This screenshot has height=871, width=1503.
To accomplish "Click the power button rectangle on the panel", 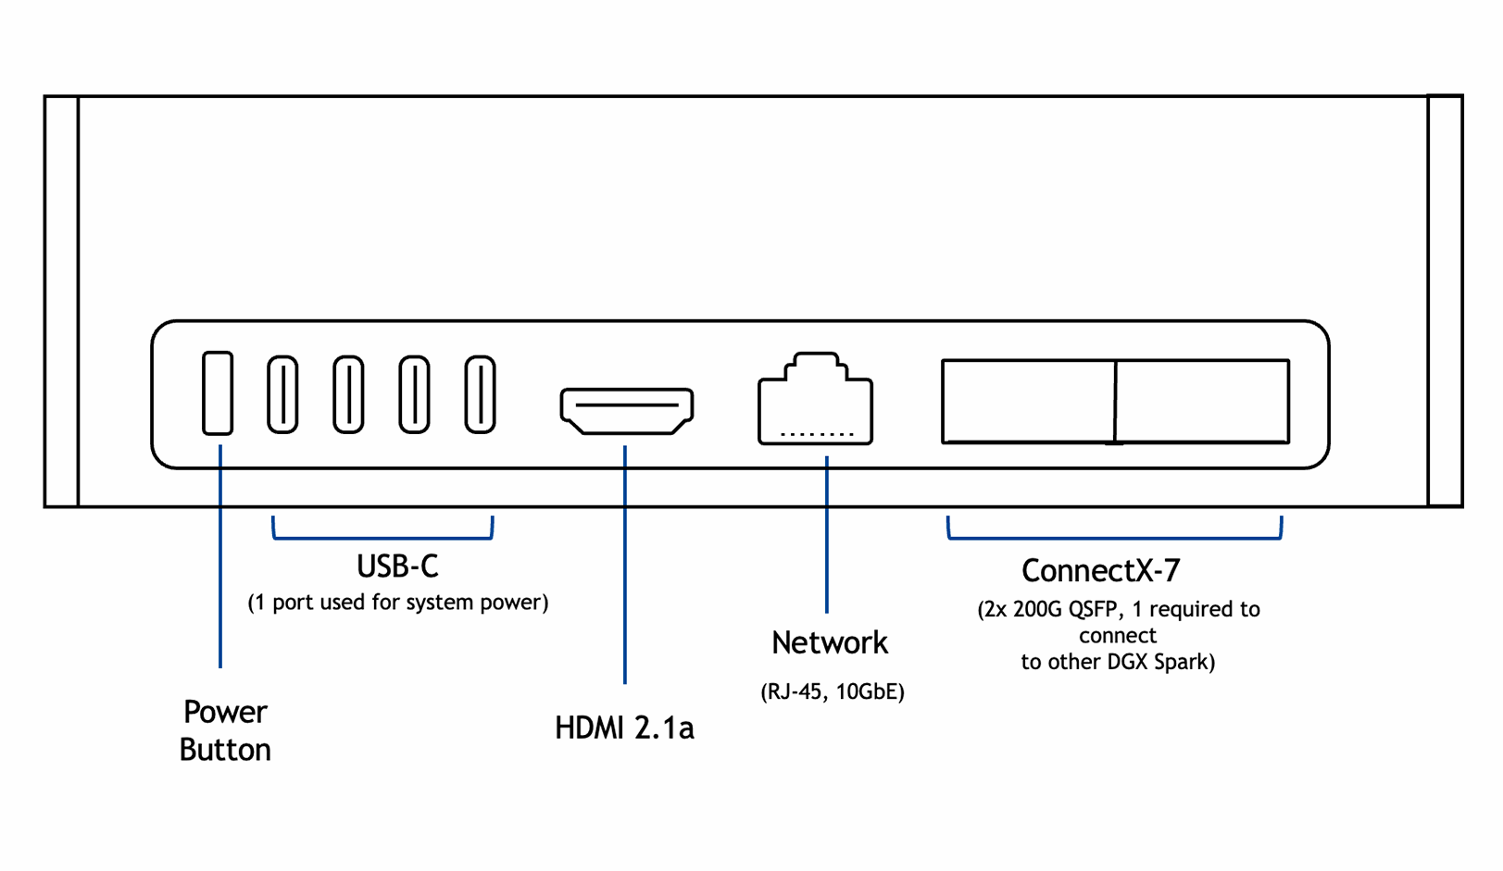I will click(x=218, y=392).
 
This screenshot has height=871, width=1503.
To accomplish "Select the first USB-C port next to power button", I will click(x=282, y=394).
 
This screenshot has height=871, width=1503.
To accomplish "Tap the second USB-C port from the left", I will click(x=348, y=394).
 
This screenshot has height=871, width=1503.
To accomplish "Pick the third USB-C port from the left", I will click(x=414, y=394).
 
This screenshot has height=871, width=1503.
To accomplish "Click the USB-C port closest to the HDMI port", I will click(x=480, y=394).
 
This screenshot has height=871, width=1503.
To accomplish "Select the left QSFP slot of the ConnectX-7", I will click(x=1028, y=401).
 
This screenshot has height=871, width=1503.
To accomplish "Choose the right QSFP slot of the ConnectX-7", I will click(x=1202, y=401).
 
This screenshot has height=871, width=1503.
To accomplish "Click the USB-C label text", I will click(x=397, y=566).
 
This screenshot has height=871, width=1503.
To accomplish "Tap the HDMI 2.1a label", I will click(x=624, y=728).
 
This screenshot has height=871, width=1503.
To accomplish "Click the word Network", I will click(x=830, y=642).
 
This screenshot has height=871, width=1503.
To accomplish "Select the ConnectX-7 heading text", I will click(x=1100, y=570).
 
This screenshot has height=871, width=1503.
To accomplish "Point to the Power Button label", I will click(x=225, y=730).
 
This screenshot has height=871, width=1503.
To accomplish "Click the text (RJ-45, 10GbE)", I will click(x=832, y=691).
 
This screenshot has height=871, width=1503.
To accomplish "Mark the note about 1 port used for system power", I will click(x=397, y=603).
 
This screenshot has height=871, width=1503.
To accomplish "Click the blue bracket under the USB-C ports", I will click(x=382, y=537).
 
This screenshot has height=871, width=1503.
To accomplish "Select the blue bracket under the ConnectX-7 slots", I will click(x=1114, y=537).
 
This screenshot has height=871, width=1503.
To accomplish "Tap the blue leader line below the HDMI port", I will click(x=625, y=565).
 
